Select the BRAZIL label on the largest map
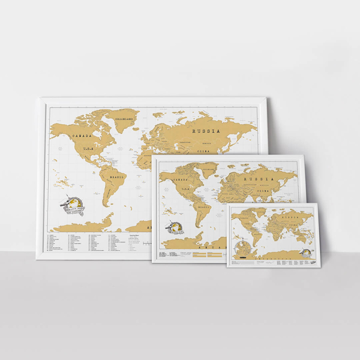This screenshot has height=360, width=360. pyautogui.click(x=116, y=178)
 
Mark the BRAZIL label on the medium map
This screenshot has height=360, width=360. pyautogui.click(x=204, y=206)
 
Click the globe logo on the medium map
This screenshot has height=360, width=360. pyautogui.click(x=175, y=229)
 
